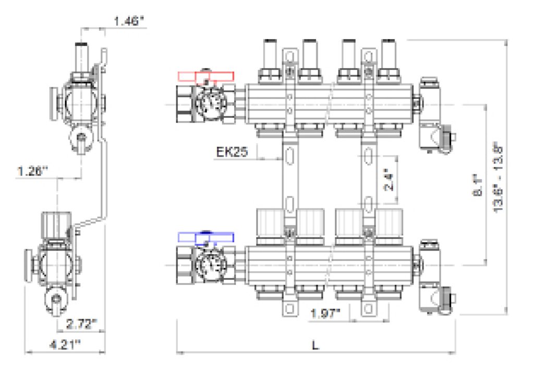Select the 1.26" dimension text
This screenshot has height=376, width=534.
coord(32,170)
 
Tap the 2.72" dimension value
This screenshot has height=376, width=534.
coord(82,324)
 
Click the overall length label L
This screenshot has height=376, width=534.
coord(314,345)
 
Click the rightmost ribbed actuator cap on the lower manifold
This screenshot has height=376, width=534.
coord(390,224)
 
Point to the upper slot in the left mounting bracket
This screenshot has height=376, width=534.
coord(290,155)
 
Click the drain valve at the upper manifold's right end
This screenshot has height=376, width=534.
coord(434,117)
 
